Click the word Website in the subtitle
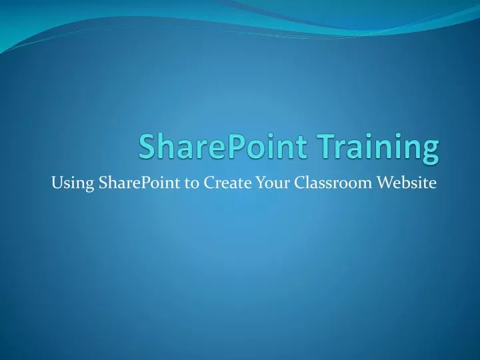pyautogui.click(x=402, y=184)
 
